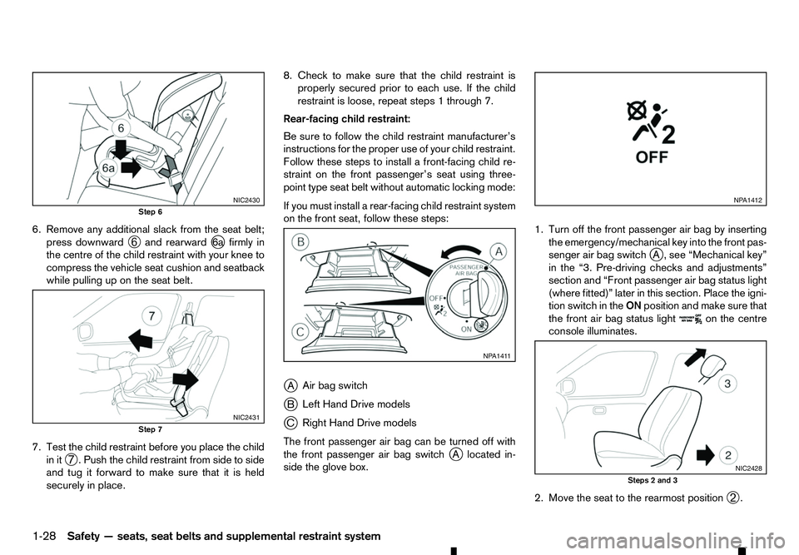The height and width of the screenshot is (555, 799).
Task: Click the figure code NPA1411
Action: [x=497, y=356]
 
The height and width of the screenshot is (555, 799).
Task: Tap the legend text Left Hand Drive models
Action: [x=352, y=404]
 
